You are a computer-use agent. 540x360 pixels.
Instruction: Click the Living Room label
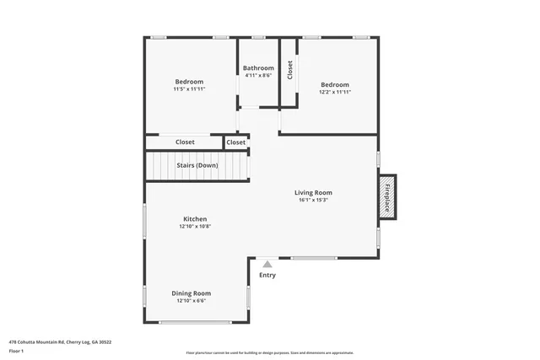312,191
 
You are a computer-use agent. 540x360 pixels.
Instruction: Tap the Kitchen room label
195,218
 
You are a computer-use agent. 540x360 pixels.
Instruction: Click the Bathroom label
258,67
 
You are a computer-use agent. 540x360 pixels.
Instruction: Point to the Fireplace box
387,196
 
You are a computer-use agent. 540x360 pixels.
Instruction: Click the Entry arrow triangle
267,265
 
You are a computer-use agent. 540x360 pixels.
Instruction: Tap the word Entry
267,275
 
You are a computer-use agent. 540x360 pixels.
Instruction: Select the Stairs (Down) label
197,165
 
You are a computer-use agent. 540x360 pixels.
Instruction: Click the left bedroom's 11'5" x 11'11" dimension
189,89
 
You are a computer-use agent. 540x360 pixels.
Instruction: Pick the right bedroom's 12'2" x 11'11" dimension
335,92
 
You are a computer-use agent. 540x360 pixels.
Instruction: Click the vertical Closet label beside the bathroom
289,71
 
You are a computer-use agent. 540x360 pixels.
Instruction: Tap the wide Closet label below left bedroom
185,142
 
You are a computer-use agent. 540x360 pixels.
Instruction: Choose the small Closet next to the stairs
236,142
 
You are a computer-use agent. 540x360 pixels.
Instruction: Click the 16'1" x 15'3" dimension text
312,200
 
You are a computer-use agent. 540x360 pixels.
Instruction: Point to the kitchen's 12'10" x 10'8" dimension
195,226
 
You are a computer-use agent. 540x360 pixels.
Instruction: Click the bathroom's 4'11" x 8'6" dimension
258,75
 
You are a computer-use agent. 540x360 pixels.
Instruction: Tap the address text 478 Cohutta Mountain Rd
60,341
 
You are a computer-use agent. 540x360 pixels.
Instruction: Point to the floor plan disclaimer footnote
269,352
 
